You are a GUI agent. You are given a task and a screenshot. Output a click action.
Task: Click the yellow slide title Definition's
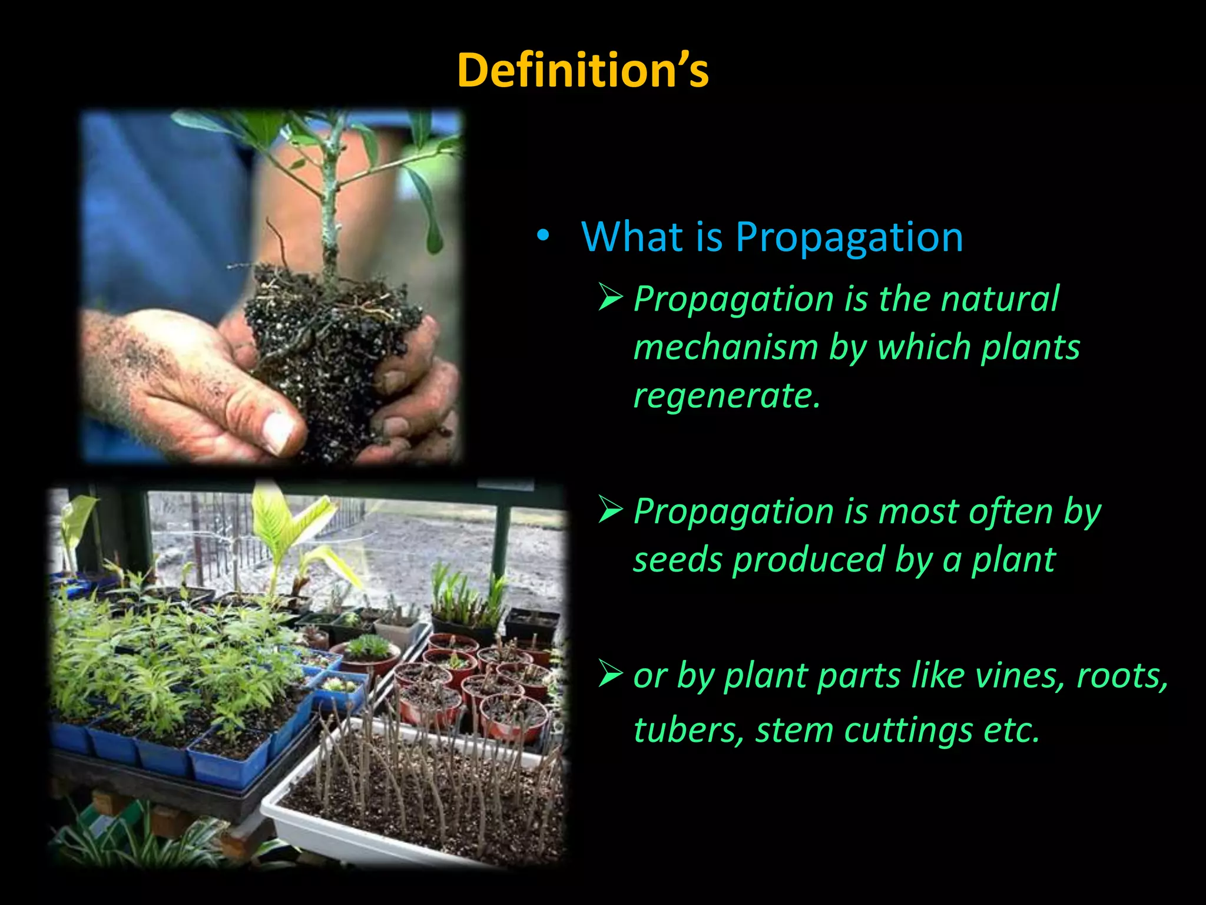coord(582,70)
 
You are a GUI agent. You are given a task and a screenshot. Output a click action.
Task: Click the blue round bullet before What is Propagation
coord(542,236)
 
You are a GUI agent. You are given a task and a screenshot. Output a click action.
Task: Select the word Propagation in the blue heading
coord(849,237)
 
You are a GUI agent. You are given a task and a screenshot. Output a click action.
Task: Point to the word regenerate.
coord(725,395)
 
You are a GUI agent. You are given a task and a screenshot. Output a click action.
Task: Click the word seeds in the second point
coord(677,560)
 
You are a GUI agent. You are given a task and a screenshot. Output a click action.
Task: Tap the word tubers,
coord(688,731)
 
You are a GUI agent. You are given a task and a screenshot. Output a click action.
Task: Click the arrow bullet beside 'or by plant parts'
coord(610,675)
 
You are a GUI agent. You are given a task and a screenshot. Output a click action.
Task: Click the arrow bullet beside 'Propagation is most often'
coord(610,510)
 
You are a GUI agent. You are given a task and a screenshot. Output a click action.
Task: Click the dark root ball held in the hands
coord(330,348)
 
